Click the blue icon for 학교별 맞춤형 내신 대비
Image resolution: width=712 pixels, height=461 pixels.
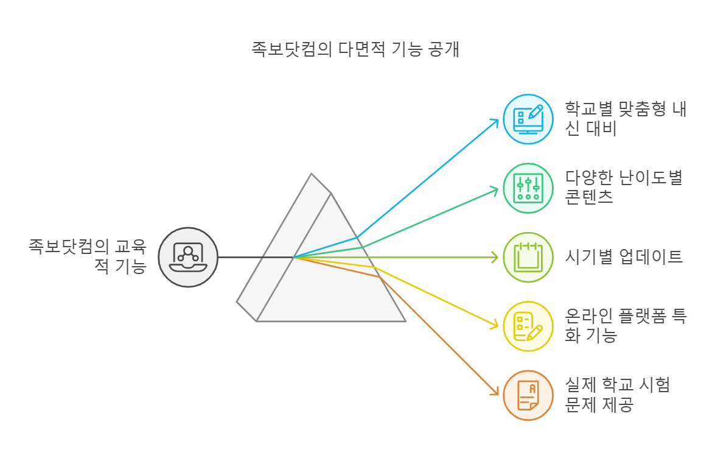point(528,119)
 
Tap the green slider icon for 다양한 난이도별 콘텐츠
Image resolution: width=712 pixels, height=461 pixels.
point(528,188)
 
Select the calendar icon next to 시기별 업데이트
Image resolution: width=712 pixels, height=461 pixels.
point(528,257)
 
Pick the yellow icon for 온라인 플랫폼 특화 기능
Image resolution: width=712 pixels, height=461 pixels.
point(528,326)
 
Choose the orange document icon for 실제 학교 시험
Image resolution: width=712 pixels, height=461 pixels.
point(528,395)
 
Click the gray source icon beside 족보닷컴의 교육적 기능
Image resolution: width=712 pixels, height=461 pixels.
point(188,257)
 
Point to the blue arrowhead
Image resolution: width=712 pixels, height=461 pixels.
point(495,121)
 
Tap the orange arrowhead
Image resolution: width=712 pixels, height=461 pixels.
point(495,393)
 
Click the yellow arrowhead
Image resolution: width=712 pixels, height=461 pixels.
point(495,326)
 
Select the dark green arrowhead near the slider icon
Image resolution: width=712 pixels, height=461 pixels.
point(495,189)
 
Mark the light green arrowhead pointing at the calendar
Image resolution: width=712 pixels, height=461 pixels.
point(495,257)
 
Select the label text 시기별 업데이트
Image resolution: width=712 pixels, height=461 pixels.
point(624,256)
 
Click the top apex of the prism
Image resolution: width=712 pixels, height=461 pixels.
point(312,175)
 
